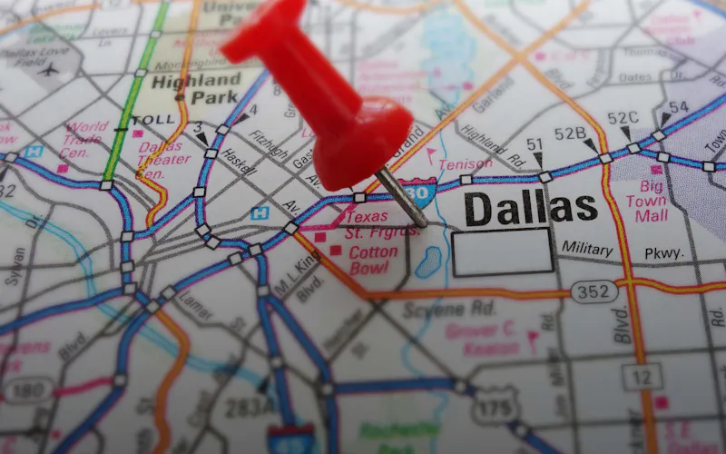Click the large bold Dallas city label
531,208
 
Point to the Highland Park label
199,87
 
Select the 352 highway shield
594,291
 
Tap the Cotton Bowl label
373,260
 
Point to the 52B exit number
571,133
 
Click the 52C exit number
623,118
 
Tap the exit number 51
535,144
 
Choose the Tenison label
466,164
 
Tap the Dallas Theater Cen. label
163,160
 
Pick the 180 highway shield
28,390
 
